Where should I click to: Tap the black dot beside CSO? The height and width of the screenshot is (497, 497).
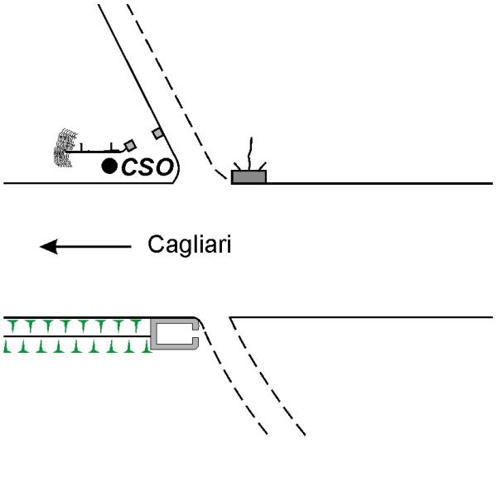point(109,166)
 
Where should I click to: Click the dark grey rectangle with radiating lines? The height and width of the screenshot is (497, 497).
point(248,176)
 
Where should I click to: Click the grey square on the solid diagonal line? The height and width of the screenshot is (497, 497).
point(157,133)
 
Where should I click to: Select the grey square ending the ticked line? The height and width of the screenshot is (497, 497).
point(129,145)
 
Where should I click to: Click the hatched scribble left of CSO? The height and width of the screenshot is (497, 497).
point(60,147)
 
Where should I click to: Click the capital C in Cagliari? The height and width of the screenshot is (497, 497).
point(155,246)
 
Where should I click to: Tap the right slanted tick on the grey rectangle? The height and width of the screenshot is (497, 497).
point(263,166)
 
